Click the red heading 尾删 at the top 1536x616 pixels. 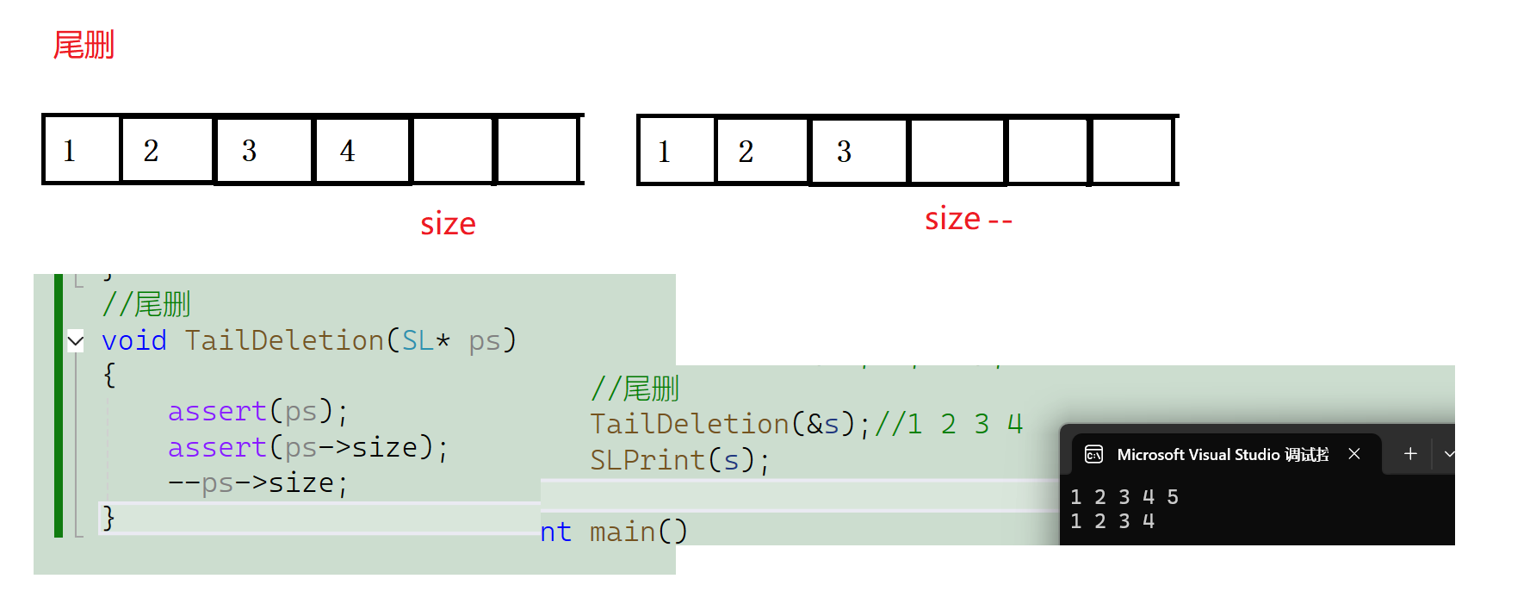click(84, 45)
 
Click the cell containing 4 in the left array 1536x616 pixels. click(362, 150)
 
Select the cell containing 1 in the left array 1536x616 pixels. click(82, 150)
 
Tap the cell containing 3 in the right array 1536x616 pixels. click(858, 152)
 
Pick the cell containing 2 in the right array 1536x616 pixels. click(761, 152)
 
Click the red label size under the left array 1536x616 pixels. click(448, 224)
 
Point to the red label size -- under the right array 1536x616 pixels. click(968, 220)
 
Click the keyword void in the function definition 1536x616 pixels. click(133, 340)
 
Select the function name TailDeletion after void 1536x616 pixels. click(284, 340)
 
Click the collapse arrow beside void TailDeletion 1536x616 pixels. click(76, 341)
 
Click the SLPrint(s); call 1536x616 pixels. click(679, 460)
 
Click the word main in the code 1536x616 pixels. click(622, 532)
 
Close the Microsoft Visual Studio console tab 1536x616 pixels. click(1354, 454)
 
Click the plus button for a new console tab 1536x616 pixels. click(1410, 454)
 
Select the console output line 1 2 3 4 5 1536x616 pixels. click(1124, 497)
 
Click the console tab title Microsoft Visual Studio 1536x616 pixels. click(1222, 454)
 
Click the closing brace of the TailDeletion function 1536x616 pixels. click(108, 517)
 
